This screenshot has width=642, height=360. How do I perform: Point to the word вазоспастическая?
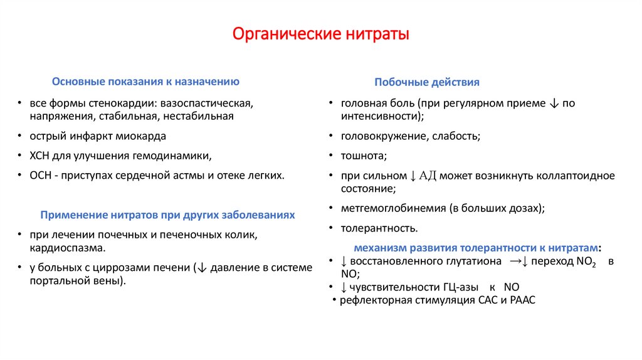pyautogui.click(x=208, y=102)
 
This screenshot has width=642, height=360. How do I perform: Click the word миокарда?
pyautogui.click(x=142, y=135)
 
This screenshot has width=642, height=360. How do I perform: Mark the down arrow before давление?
pyautogui.click(x=201, y=268)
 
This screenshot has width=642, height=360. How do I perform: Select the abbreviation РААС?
pyautogui.click(x=523, y=300)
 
